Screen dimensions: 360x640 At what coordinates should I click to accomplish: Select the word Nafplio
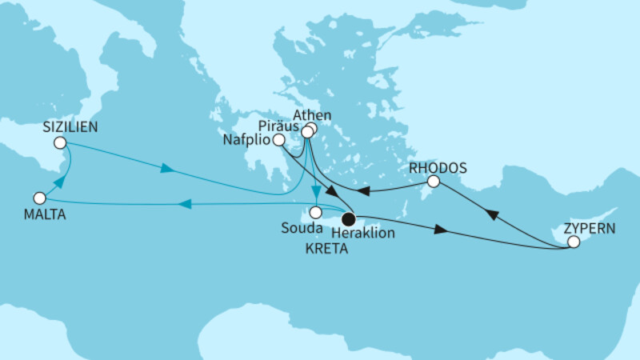coord(247,140)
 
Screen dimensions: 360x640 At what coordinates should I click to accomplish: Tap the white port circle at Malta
coord(39,198)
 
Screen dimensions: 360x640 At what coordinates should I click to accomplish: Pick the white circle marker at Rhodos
coord(433,182)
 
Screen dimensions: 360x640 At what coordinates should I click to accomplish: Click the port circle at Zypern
coord(573,241)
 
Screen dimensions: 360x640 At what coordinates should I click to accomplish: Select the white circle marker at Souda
coord(317,213)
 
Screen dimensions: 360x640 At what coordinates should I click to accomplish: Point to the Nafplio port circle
coord(278,140)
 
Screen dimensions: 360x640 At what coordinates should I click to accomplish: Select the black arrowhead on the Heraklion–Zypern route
coord(440,230)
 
